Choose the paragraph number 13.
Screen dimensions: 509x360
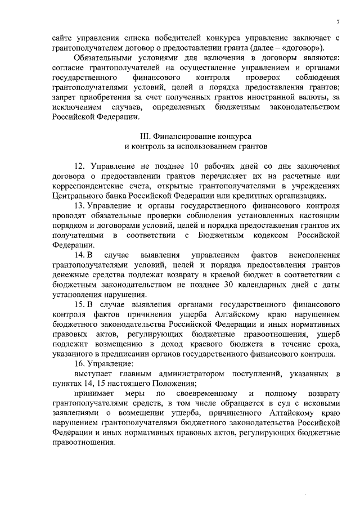coord(79,206)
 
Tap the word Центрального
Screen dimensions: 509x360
coord(78,196)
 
